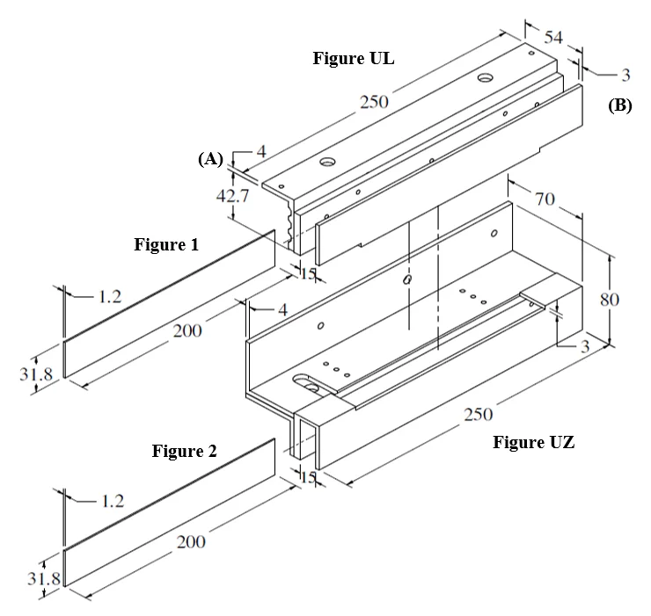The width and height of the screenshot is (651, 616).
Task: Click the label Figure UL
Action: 354,58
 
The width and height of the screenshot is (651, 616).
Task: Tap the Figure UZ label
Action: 533,442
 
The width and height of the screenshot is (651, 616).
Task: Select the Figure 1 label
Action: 166,244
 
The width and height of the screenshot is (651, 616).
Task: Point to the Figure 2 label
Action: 185,451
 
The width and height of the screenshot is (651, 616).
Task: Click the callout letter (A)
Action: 210,158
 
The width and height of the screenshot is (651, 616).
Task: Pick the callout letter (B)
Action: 620,105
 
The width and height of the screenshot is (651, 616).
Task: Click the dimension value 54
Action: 553,37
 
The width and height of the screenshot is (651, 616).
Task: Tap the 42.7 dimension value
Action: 232,195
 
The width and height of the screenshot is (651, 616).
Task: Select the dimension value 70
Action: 545,199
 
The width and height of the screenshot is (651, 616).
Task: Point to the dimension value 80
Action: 610,300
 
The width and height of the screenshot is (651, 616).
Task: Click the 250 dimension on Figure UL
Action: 374,102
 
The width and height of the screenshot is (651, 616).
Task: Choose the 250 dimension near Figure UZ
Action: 479,415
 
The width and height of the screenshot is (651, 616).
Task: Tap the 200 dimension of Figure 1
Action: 187,330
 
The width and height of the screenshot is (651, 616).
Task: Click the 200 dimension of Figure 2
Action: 191,542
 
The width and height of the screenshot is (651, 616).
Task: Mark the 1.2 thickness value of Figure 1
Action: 110,297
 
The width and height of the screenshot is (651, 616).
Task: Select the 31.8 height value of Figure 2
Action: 44,578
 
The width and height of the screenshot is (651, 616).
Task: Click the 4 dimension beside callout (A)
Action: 261,152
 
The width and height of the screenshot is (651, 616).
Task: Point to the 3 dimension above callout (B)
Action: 625,75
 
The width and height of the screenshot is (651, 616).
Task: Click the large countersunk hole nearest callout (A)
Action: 328,161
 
